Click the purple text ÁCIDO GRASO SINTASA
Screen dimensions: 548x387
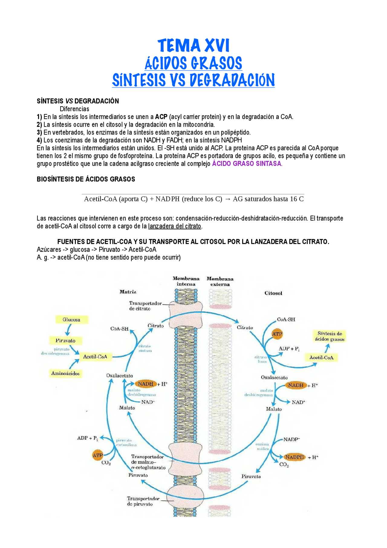(x=247, y=164)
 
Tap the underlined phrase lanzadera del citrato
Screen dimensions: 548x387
(x=174, y=226)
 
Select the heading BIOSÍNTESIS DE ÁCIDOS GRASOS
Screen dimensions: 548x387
(x=86, y=179)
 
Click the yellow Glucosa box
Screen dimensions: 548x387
(x=71, y=320)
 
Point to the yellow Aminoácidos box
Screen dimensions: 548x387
(x=65, y=373)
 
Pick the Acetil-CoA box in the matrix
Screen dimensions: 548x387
(x=95, y=357)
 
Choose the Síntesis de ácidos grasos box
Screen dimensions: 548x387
(x=329, y=336)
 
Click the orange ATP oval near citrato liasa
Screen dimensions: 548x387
(x=277, y=334)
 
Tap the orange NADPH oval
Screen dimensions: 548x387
(x=294, y=457)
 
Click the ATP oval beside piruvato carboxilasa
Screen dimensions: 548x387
(x=98, y=455)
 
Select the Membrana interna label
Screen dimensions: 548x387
(x=186, y=281)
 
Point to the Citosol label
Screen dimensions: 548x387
(x=273, y=293)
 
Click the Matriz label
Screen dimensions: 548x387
(x=128, y=292)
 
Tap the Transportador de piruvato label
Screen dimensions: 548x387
(x=143, y=501)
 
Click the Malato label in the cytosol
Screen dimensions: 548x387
(x=274, y=409)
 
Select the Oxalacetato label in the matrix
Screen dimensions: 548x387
(x=119, y=376)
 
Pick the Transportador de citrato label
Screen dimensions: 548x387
(x=145, y=306)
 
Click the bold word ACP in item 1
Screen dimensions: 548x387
(x=161, y=117)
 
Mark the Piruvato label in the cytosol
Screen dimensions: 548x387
(x=251, y=476)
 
